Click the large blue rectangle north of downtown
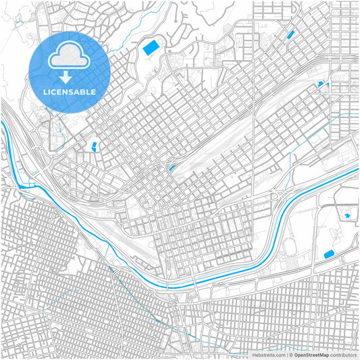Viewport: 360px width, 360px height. pyautogui.click(x=149, y=48)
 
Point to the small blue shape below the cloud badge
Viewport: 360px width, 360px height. pyautogui.click(x=94, y=145)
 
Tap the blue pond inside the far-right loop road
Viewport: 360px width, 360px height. pyautogui.click(x=348, y=215)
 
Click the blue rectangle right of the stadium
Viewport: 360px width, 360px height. pyautogui.click(x=330, y=254)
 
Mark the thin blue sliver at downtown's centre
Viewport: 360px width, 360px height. pyautogui.click(x=172, y=166)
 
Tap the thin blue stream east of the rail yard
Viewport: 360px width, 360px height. pyautogui.click(x=292, y=162)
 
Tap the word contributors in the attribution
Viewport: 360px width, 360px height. pyautogui.click(x=344, y=354)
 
